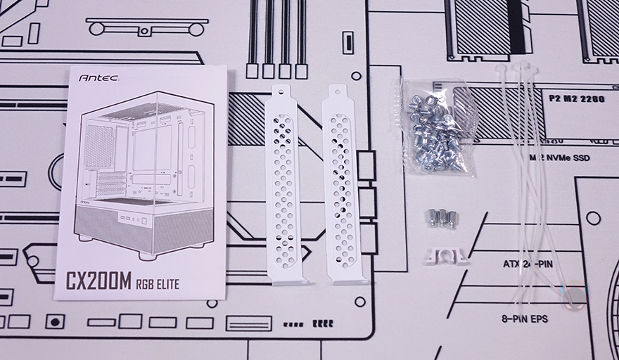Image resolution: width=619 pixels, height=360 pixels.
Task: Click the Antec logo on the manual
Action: pyautogui.click(x=98, y=78)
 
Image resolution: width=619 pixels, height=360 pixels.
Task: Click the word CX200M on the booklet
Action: pyautogui.click(x=98, y=281)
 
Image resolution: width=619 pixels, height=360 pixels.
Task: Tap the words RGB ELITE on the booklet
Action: pyautogui.click(x=158, y=284)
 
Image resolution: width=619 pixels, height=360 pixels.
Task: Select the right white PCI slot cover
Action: pyautogui.click(x=341, y=185)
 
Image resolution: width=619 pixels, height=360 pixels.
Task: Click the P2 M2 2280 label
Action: pyautogui.click(x=577, y=98)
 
